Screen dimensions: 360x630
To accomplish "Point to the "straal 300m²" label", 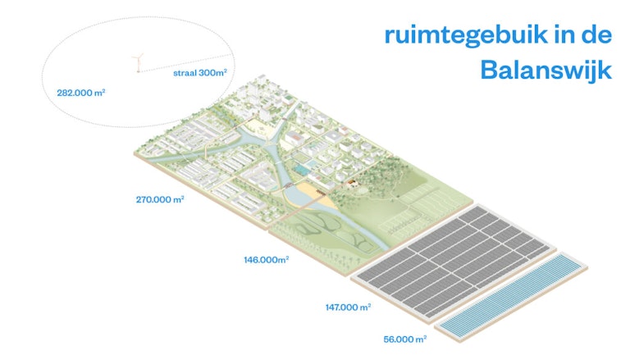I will tap(199, 73).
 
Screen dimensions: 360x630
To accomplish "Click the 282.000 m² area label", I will tap(81, 93).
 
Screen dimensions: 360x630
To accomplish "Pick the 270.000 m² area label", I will tap(160, 199).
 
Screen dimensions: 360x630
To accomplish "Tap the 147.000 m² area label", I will tap(348, 307).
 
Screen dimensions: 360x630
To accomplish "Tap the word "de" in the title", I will tap(599, 34).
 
